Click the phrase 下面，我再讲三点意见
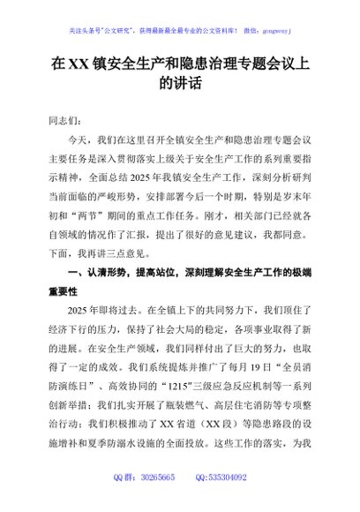(x=114, y=251)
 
